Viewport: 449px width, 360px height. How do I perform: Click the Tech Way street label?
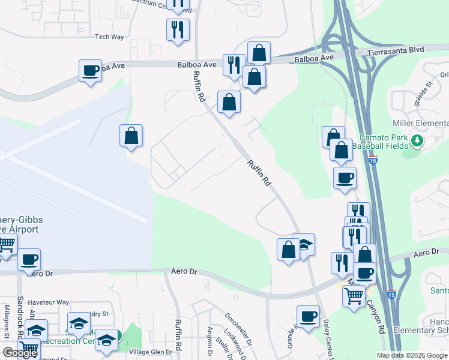click(x=109, y=37)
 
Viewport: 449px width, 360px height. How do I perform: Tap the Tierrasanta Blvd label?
click(x=394, y=52)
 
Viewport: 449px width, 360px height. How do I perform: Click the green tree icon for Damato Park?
click(x=416, y=140)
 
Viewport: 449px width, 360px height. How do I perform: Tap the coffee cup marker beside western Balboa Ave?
click(x=90, y=71)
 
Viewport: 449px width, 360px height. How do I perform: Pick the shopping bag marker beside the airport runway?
click(x=131, y=136)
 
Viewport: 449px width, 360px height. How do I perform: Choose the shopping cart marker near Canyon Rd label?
click(x=354, y=295)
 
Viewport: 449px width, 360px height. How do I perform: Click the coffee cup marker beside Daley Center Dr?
click(x=308, y=316)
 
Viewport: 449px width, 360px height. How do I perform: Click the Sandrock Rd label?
click(x=20, y=311)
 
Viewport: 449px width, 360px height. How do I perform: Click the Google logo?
click(x=20, y=353)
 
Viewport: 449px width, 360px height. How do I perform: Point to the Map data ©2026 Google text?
click(x=411, y=355)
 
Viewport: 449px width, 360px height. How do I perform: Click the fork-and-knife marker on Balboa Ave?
click(x=234, y=65)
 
